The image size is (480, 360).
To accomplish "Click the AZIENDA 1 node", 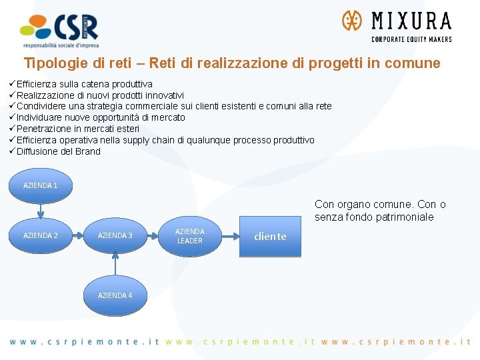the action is pos(41,185).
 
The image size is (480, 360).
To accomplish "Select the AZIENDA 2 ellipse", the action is pos(41,235).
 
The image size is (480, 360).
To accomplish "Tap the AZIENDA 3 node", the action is pos(115,235).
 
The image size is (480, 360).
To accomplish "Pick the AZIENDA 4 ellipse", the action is pos(115,295).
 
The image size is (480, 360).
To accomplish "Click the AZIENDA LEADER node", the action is pos(189,236).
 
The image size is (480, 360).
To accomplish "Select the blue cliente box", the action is pos(270,236).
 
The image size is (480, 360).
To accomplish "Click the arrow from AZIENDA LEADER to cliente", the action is pos(229,236).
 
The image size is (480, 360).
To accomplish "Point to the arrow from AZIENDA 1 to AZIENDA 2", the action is pos(41,210).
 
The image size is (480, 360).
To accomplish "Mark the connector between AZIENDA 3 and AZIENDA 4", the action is pos(115,265).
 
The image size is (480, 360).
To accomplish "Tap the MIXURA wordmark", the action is pos(411,21).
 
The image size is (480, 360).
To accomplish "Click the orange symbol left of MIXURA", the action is pos(351,21).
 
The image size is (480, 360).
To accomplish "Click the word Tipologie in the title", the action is pos(51,63).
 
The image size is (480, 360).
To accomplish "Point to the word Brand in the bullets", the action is pos(88,151).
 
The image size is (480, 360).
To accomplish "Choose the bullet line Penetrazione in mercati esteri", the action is pos(77,129).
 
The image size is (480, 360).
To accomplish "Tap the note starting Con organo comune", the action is pos(380,211).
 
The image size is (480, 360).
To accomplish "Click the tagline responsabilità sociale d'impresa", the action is pos(60,45).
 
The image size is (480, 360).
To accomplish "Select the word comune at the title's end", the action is pos(417,63).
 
